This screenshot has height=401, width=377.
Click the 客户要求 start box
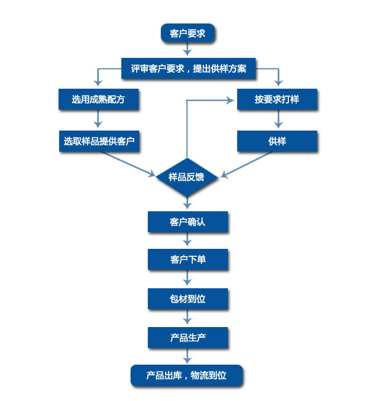pos(188,33)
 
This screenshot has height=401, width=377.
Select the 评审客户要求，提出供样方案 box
pos(188,68)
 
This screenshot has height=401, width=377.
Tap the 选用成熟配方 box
pos(98,99)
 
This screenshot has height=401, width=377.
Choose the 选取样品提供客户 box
pos(98,141)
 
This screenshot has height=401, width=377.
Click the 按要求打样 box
pos(277,99)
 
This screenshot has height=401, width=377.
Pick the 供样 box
pos(277,141)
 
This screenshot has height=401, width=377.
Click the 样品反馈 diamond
pos(187,177)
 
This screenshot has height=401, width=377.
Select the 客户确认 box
pos(187,222)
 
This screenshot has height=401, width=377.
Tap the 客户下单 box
pos(187,259)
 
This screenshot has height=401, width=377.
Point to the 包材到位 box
pos(187,299)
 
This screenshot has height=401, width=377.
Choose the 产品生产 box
pos(187,337)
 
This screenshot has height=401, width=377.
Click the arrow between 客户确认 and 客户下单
pos(187,241)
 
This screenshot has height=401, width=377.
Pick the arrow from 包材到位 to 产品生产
pos(187,318)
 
